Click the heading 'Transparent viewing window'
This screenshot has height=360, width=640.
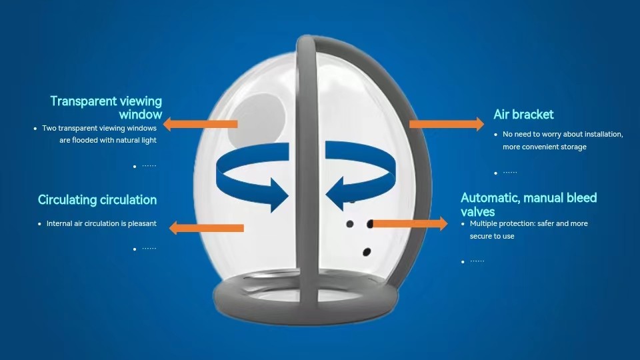click(106, 107)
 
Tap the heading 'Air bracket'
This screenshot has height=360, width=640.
click(523, 115)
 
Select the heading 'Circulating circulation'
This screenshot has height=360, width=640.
click(97, 200)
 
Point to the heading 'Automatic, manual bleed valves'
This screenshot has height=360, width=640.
click(529, 204)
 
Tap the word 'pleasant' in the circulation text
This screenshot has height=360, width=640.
click(141, 224)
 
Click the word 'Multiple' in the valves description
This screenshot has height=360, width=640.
click(483, 224)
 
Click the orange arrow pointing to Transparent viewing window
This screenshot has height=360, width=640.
click(200, 124)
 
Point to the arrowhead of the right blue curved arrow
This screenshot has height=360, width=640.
click(339, 189)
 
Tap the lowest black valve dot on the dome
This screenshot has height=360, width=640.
click(366, 252)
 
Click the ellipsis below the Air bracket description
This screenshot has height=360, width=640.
click(509, 173)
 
